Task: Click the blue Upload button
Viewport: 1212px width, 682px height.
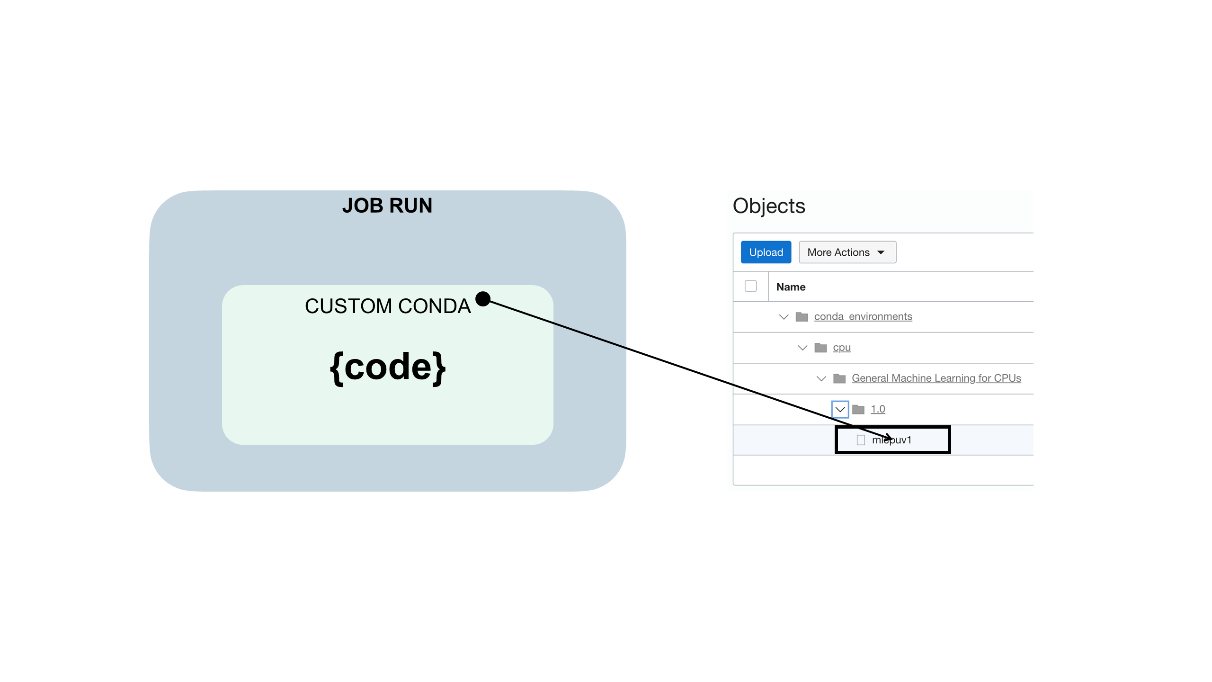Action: [x=766, y=252]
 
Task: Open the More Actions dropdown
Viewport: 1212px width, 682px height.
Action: [x=847, y=252]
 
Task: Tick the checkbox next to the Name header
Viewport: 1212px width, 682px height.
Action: [x=750, y=287]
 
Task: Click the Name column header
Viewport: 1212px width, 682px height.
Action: [x=791, y=287]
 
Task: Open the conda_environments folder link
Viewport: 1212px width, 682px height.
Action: [x=863, y=316]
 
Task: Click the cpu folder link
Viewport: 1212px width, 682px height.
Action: [x=841, y=348]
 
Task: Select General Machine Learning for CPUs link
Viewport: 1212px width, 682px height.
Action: [x=936, y=378]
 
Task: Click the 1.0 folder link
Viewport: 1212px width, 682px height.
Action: [x=877, y=409]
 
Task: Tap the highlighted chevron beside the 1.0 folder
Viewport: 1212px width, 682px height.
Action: [x=840, y=409]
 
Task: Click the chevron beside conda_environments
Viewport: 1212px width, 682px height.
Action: [x=784, y=317]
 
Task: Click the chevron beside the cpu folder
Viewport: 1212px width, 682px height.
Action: [x=802, y=348]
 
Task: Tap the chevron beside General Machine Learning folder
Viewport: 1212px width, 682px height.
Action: [x=821, y=378]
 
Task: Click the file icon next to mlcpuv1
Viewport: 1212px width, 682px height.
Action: [x=861, y=440]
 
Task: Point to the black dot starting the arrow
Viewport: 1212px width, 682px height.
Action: [x=482, y=299]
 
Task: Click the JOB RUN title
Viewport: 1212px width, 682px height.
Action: [x=387, y=206]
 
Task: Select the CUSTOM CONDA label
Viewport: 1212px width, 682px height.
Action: [x=387, y=306]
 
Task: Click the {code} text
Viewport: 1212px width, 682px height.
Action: [x=387, y=368]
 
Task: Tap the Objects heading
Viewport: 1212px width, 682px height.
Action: [x=768, y=206]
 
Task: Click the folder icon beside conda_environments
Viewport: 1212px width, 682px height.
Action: [x=802, y=316]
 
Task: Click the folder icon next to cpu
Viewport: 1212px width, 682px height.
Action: [x=820, y=348]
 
